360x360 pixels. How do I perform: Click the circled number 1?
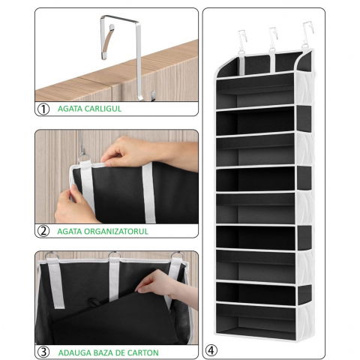43,109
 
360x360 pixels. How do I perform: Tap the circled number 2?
43,231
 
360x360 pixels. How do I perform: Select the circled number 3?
43,350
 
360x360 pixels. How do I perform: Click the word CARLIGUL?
100,109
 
